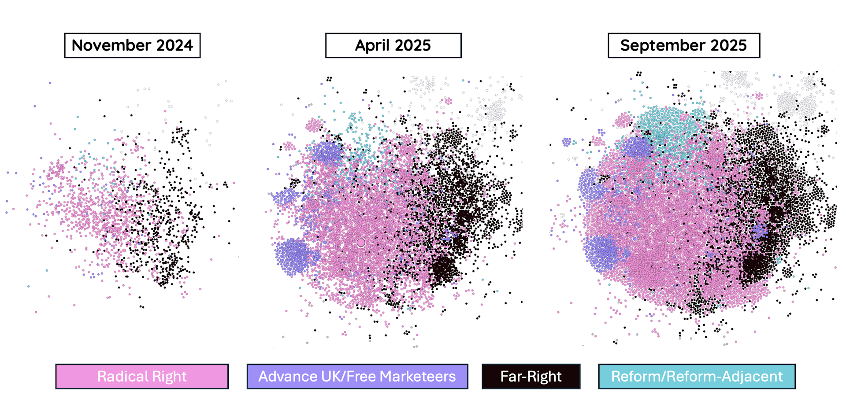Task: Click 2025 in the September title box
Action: coord(727,45)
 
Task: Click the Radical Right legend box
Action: coord(142,376)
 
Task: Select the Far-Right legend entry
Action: coord(531,376)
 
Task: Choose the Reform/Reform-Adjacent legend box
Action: coord(697,376)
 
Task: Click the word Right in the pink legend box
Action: coord(169,376)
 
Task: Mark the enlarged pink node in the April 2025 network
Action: coord(361,243)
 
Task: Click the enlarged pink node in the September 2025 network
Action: coord(671,239)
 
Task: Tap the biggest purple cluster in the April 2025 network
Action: coord(292,256)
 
